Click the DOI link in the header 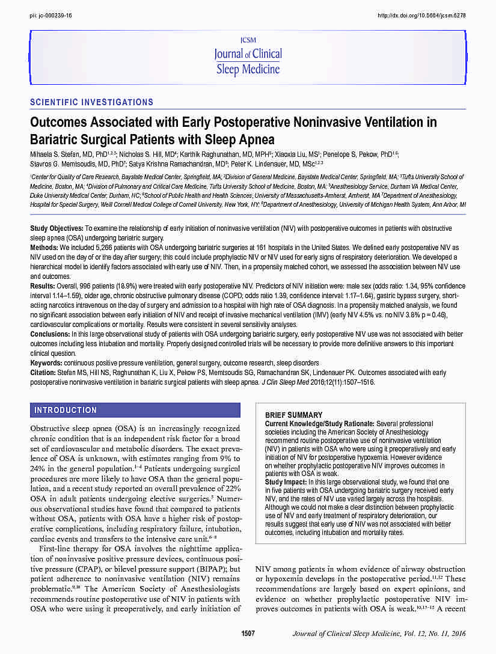click(421, 15)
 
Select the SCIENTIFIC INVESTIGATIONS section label click(91, 102)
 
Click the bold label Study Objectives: click(57, 229)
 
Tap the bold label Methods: click(43, 247)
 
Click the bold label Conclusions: click(50, 333)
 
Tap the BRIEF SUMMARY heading click(293, 415)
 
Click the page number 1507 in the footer click(248, 634)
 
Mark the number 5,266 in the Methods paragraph click(98, 247)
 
